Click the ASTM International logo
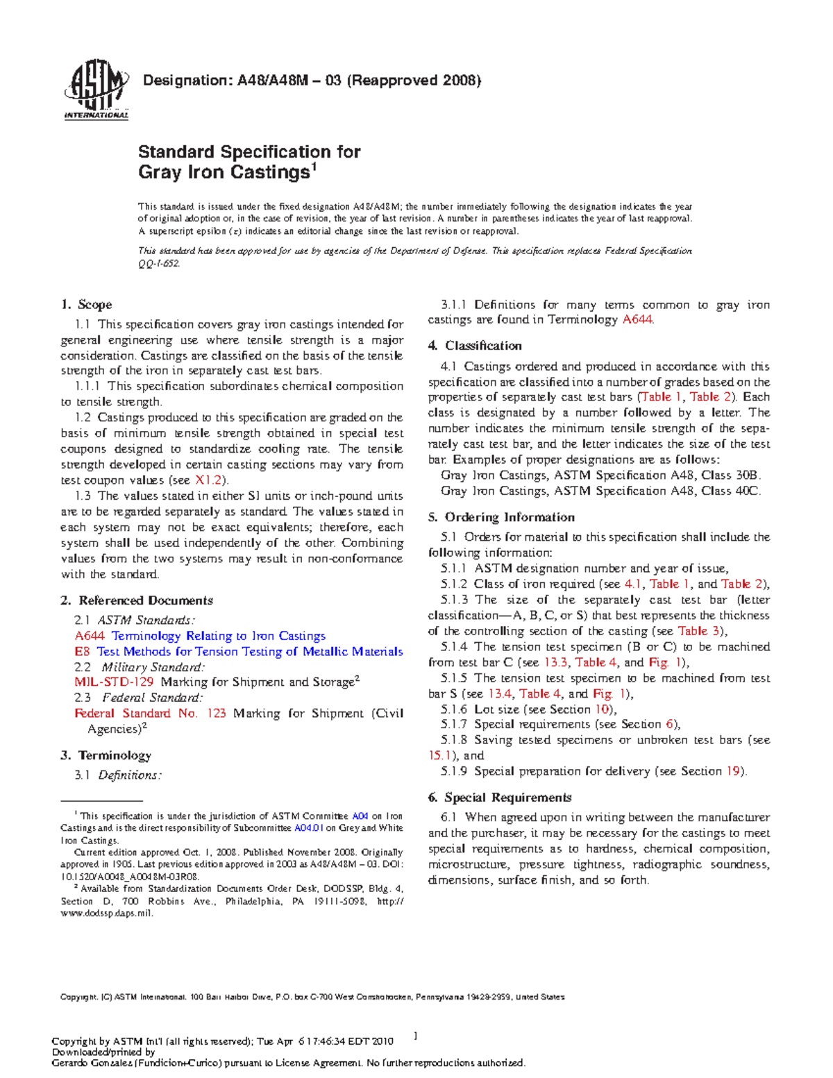point(96,89)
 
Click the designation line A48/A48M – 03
point(311,81)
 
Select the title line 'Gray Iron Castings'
point(224,172)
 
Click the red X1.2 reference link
point(208,480)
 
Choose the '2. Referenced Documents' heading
point(137,600)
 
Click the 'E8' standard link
point(82,651)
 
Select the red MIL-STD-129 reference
point(114,682)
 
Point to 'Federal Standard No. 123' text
point(150,713)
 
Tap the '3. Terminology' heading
point(106,755)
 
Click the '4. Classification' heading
point(475,346)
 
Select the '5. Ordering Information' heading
point(501,517)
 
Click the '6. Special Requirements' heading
point(500,797)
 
